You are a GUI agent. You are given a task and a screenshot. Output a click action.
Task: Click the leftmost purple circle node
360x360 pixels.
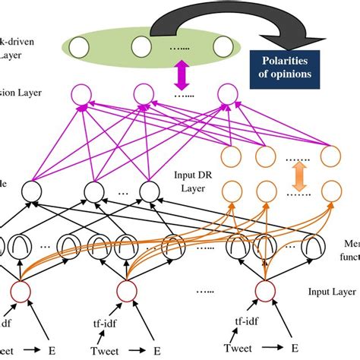click(x=81, y=96)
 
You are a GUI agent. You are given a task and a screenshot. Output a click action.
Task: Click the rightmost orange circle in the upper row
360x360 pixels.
click(x=329, y=156)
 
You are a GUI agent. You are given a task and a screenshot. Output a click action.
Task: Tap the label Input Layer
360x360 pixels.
click(x=327, y=291)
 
